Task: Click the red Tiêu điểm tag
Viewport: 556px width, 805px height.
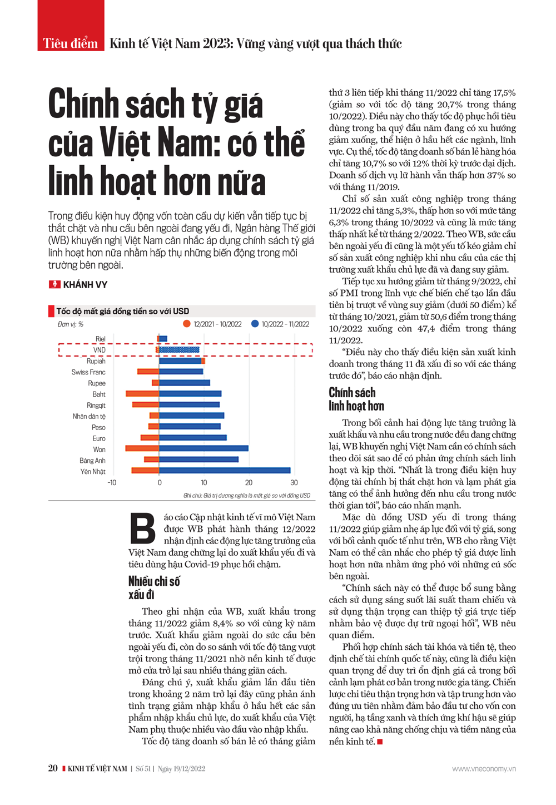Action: [x=71, y=43]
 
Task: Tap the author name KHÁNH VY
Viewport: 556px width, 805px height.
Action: [x=85, y=285]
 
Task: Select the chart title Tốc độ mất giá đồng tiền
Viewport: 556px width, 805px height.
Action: [x=122, y=312]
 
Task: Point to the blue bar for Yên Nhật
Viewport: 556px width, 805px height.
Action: [x=225, y=471]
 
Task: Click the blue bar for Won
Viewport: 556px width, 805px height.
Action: [x=203, y=448]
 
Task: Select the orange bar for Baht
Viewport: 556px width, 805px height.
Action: [x=143, y=394]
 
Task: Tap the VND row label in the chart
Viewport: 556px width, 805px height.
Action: [x=99, y=350]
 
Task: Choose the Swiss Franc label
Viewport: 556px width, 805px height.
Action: [x=88, y=372]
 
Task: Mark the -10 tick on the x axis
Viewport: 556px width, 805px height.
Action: [x=112, y=483]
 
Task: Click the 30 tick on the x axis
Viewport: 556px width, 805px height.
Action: [x=294, y=483]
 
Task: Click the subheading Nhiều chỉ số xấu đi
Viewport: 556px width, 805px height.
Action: [x=154, y=588]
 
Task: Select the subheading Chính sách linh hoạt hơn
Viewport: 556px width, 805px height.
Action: [x=356, y=399]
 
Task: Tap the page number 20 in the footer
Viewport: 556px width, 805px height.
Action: [x=53, y=768]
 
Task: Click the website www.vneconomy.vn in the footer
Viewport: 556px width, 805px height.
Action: [x=484, y=769]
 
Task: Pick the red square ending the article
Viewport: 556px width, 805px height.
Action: [x=380, y=742]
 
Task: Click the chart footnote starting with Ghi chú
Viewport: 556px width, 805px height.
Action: [x=247, y=495]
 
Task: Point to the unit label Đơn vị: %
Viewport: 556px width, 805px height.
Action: [x=70, y=324]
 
